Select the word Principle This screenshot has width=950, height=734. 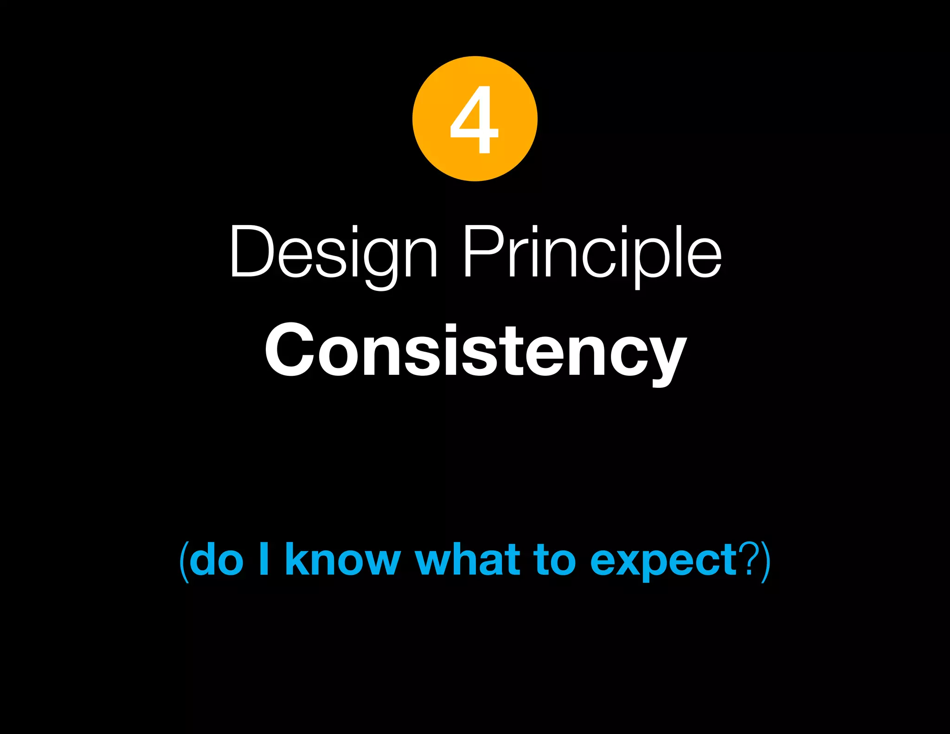(x=592, y=253)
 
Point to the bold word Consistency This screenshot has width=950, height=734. (x=475, y=350)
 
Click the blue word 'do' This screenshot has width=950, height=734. (x=217, y=560)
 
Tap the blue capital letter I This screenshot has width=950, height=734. (x=264, y=559)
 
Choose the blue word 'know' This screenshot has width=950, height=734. (x=342, y=560)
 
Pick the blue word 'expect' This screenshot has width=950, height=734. (x=663, y=561)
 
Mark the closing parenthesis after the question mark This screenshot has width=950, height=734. (x=766, y=561)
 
